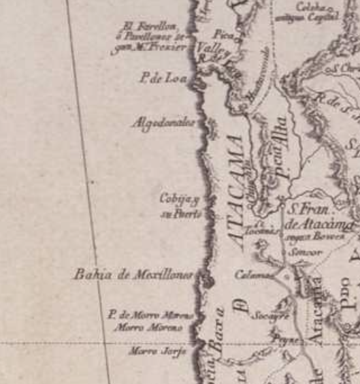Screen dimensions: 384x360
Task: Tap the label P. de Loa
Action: (x=163, y=78)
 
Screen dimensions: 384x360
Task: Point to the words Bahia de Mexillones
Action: (x=133, y=275)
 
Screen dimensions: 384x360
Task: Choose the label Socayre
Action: (x=270, y=316)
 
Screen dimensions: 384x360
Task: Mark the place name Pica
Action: (x=223, y=33)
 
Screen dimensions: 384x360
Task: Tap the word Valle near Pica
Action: (x=209, y=48)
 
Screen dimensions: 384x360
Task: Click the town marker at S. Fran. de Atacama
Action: (x=283, y=201)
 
